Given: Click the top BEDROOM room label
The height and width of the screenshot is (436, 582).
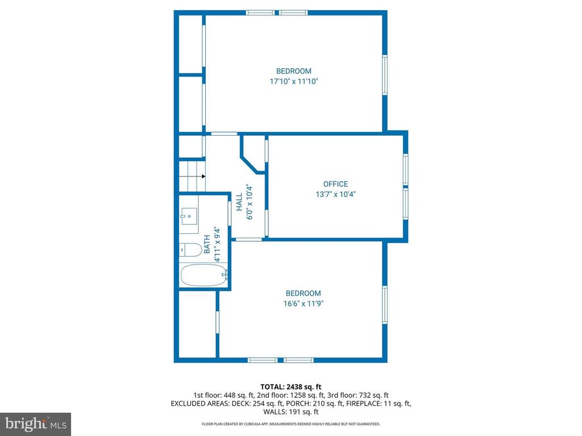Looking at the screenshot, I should click(293, 71).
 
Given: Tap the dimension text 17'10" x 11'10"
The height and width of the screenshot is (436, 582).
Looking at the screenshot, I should click(293, 82).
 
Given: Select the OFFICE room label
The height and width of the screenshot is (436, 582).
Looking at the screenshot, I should click(335, 184).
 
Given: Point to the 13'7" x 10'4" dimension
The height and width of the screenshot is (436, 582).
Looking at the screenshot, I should click(335, 194).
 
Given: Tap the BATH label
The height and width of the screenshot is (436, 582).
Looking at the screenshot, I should click(207, 244).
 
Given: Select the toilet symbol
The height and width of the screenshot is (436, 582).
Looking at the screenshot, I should click(190, 249).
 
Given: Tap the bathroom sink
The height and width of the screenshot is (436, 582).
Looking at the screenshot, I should click(189, 216).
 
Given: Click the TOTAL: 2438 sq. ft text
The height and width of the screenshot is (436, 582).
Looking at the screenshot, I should click(290, 387).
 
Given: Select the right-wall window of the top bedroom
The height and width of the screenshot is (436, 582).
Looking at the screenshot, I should click(385, 74).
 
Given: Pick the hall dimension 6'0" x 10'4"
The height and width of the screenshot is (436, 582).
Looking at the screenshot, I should click(249, 202).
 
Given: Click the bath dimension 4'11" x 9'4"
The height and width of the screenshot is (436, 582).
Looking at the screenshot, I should click(217, 244).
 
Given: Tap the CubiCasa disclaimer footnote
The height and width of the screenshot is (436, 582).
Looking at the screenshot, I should click(290, 424).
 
